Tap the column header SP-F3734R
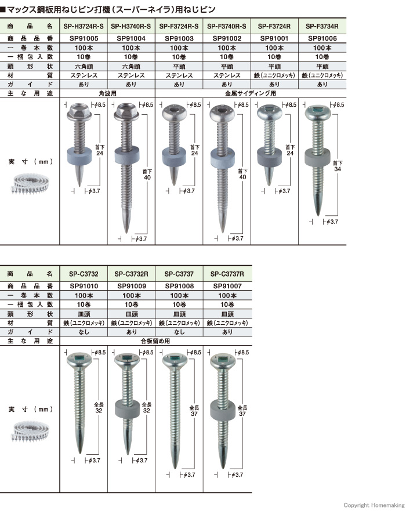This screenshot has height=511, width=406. coord(322,26)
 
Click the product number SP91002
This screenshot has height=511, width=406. coord(227,37)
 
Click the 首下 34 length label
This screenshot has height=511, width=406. coord(337,166)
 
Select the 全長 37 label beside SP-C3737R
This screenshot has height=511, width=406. coord(242,412)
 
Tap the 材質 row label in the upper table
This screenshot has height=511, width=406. coord(30,75)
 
